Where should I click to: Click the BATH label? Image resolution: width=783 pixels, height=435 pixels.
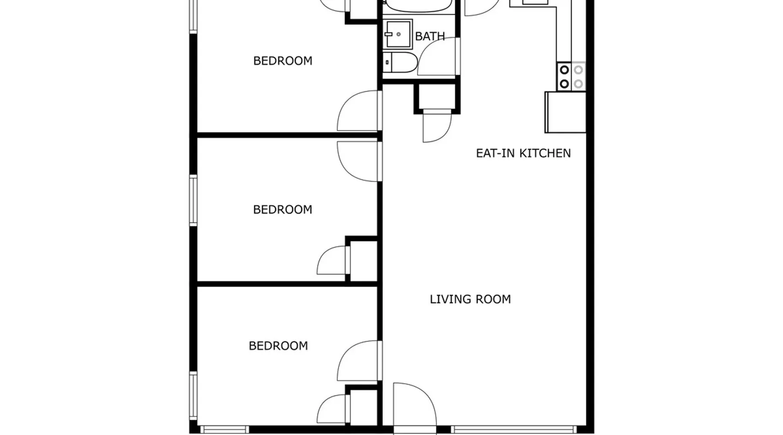coord(430,36)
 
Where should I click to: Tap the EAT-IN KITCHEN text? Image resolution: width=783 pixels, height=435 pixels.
coord(523,153)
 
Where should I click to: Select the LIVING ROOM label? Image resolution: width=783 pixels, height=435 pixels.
coord(470,299)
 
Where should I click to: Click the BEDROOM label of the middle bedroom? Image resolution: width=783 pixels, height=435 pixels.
coord(283,210)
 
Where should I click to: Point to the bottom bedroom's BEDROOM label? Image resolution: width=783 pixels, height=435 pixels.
coord(278,346)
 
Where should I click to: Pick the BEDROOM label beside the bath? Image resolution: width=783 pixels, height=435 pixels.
coord(283,61)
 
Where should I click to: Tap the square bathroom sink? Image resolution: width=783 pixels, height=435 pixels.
coord(398,34)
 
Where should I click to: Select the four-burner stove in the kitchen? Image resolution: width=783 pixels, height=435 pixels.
coord(571,77)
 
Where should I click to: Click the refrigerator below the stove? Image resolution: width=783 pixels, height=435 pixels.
coord(565,112)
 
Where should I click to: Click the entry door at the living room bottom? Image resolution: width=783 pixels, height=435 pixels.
coord(415,408)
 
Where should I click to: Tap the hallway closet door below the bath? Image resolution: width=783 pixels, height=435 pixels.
coord(437,127)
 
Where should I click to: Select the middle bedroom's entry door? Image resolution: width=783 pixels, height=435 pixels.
coord(359,161)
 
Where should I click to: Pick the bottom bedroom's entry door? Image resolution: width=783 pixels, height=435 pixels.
coord(359,361)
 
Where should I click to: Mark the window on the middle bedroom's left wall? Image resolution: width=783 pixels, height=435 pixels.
coord(194,201)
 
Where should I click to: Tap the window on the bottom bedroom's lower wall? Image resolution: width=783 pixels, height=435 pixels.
coord(224,430)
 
